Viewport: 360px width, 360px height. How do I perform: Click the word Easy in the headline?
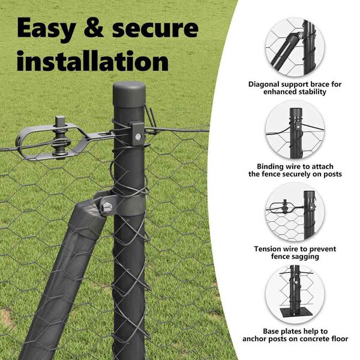coord(46,29)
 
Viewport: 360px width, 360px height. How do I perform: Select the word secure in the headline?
coord(155,29)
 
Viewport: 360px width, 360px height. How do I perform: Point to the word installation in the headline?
coord(93,61)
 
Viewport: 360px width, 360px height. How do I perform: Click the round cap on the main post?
coord(129,94)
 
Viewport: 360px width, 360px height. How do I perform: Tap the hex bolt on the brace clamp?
coord(107,208)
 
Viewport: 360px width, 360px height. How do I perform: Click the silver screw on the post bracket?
coord(138,137)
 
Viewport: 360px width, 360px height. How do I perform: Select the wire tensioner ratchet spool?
coord(60,142)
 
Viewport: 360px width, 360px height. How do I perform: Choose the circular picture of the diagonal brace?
coord(295,47)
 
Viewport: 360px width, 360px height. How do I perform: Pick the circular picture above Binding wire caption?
coord(295,130)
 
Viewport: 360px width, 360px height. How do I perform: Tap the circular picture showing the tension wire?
coord(295,212)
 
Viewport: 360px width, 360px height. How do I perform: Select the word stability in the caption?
coord(313,92)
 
